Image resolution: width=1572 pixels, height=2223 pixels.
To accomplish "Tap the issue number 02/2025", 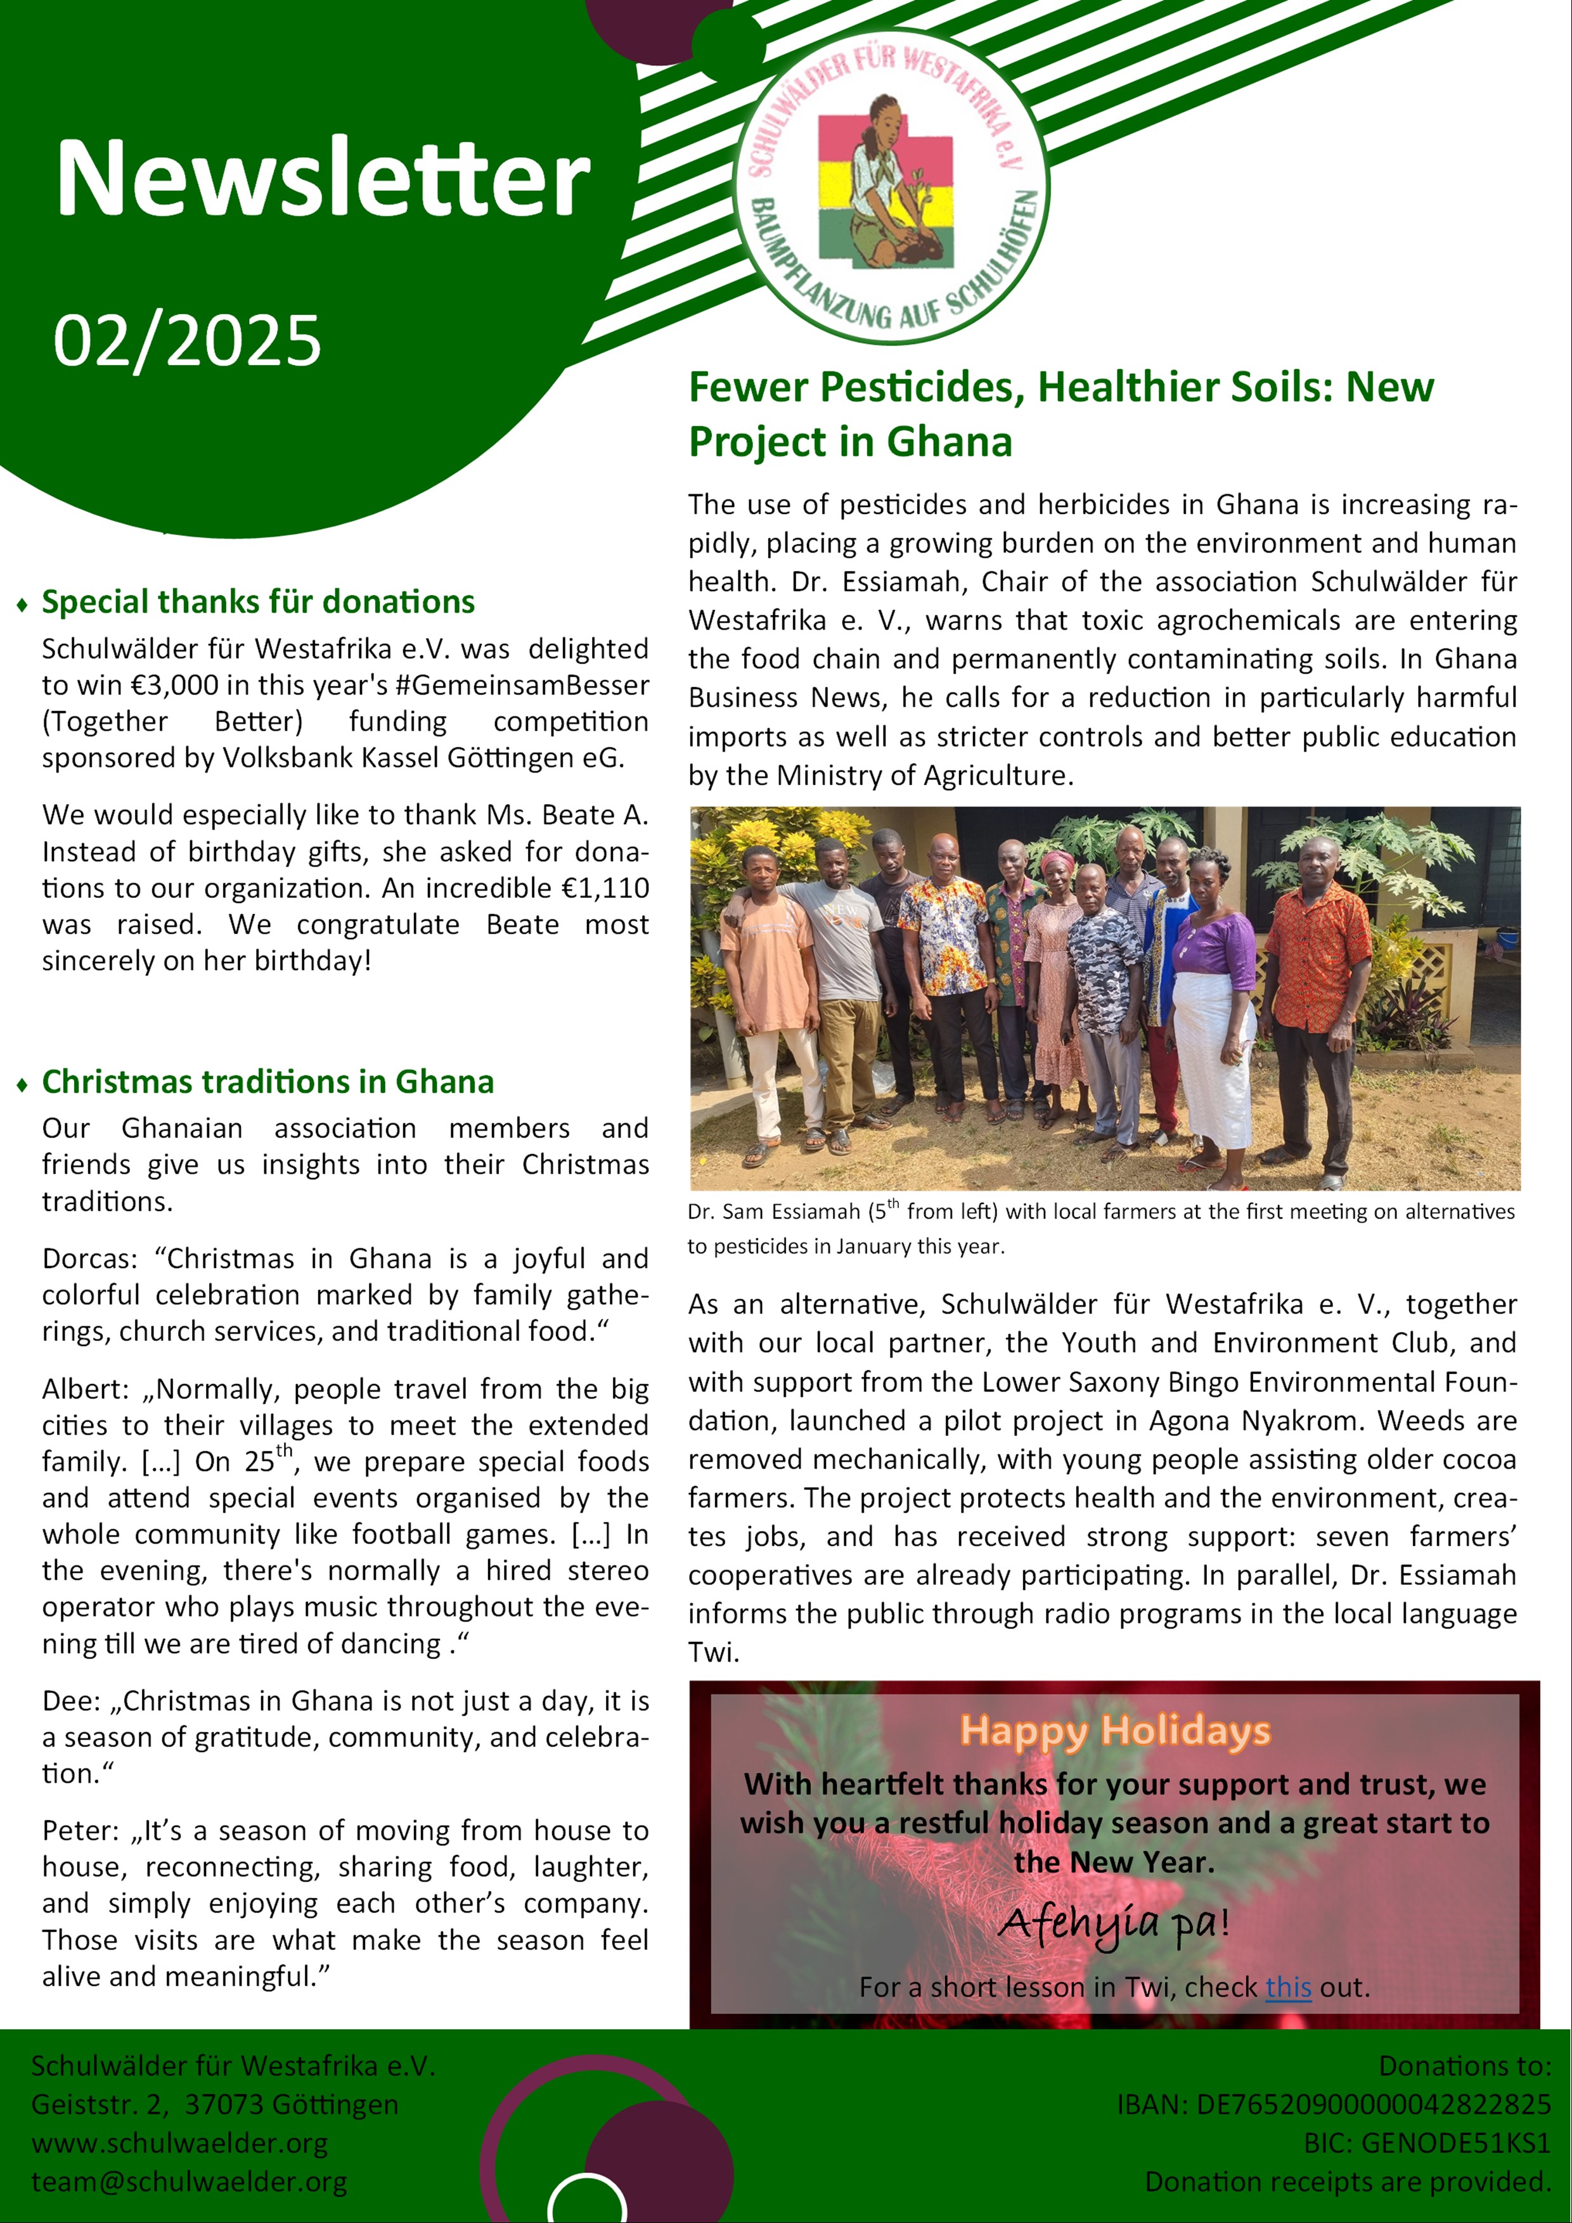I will tap(187, 341).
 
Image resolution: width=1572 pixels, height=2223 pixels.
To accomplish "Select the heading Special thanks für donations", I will tap(257, 602).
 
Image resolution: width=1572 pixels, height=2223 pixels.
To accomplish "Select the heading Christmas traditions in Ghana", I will tap(267, 1082).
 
